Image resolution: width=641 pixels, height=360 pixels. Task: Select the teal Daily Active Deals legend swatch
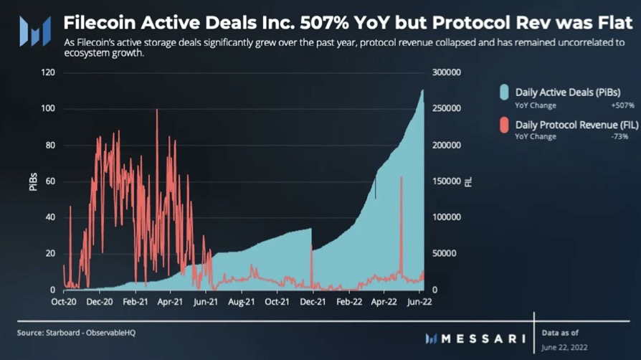point(504,92)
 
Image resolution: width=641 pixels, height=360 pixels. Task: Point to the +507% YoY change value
point(622,105)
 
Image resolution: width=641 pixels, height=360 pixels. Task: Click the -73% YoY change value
point(625,137)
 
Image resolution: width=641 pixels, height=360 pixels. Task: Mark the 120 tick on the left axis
point(49,73)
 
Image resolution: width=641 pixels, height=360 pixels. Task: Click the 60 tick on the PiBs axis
point(51,181)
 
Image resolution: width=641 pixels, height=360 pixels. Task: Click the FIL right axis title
point(469,181)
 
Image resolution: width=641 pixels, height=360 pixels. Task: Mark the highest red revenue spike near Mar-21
point(156,110)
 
